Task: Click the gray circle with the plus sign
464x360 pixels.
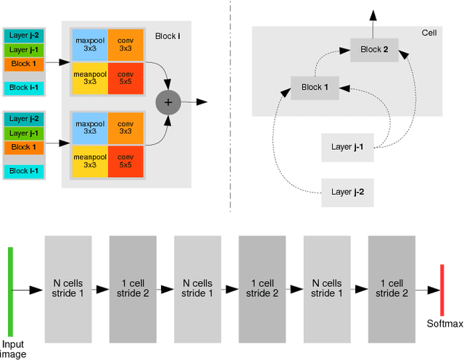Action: pyautogui.click(x=168, y=102)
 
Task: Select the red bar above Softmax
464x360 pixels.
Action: pyautogui.click(x=441, y=290)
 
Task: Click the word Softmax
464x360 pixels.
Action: pyautogui.click(x=444, y=324)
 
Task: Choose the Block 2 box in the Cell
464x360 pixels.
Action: pyautogui.click(x=374, y=50)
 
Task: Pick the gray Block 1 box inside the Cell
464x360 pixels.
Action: pyautogui.click(x=315, y=88)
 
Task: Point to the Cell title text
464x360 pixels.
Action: pyautogui.click(x=429, y=33)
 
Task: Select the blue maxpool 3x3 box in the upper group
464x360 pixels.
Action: pyautogui.click(x=89, y=44)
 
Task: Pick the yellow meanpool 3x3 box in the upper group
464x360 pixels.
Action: pyautogui.click(x=89, y=78)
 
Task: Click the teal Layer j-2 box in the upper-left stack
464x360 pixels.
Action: pyautogui.click(x=24, y=35)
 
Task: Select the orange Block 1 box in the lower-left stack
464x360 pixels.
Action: pyautogui.click(x=24, y=147)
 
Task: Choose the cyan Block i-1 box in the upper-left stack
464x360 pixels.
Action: pyautogui.click(x=24, y=88)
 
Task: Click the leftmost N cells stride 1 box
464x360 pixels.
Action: pyautogui.click(x=69, y=288)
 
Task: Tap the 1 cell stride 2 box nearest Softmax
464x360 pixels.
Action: pyautogui.click(x=391, y=288)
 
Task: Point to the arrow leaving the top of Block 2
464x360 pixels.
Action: pyautogui.click(x=374, y=22)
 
